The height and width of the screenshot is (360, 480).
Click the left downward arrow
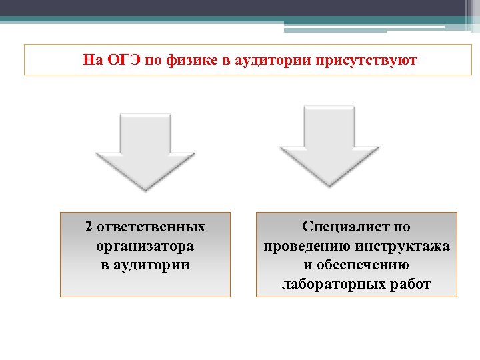[x=145, y=150]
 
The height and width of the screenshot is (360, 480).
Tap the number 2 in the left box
[x=89, y=227]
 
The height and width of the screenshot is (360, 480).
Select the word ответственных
[x=151, y=227]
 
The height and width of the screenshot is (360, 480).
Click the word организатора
[x=145, y=246]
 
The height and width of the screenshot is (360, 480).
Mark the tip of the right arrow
[x=329, y=182]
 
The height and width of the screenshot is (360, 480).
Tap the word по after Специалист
[x=401, y=227]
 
